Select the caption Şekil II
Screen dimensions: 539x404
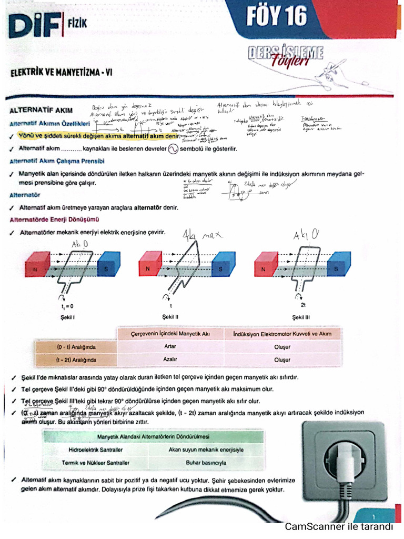point(171,317)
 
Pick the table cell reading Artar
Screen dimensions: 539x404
point(170,347)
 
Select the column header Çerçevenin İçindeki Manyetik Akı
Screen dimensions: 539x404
point(170,334)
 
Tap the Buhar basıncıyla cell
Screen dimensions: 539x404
point(206,463)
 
